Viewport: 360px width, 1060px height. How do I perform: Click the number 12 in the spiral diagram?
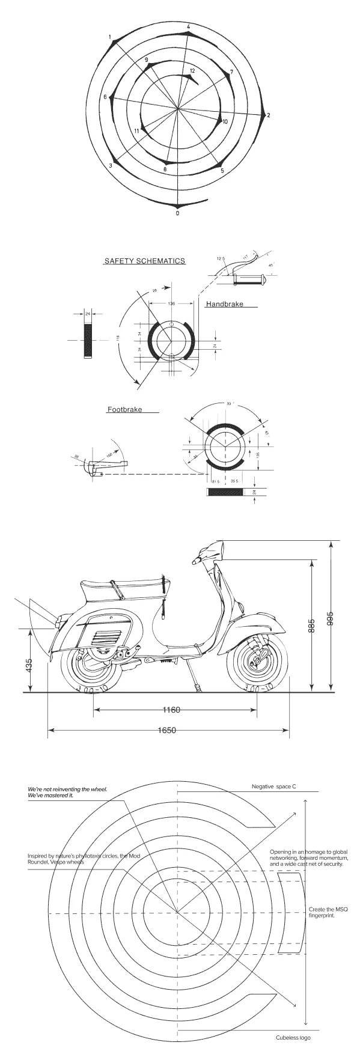[x=192, y=71]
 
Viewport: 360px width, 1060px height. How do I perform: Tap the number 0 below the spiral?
[x=177, y=213]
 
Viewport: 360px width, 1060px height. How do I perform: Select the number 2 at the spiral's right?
[x=269, y=115]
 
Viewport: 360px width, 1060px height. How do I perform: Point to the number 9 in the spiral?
[x=146, y=59]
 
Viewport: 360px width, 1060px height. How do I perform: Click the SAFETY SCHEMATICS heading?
[x=145, y=261]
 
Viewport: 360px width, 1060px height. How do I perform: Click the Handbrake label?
[x=225, y=305]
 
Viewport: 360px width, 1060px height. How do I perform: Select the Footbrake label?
[x=124, y=410]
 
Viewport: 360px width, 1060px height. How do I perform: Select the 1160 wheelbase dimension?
[x=172, y=710]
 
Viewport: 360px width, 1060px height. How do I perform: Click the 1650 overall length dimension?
[x=166, y=731]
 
